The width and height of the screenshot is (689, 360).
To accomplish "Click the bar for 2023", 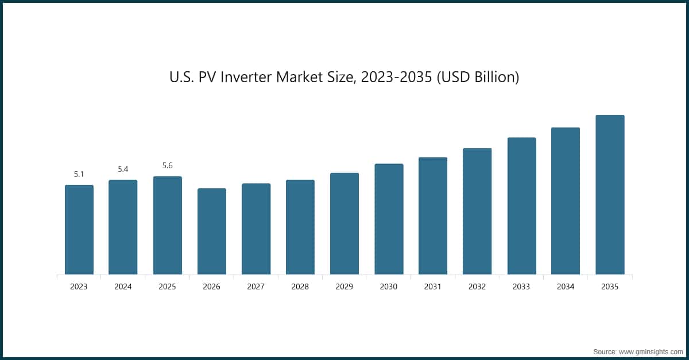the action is coord(79,230).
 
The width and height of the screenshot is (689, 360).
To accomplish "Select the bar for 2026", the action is coord(212,231).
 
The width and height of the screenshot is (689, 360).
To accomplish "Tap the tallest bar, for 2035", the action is coord(610,195).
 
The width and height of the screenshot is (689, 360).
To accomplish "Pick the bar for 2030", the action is coord(389,219).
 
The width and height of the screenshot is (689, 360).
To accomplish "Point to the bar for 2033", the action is coord(522,206).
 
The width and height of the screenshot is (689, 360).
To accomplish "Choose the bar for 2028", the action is coord(300,227).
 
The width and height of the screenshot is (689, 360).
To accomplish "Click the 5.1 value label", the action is coord(79,174).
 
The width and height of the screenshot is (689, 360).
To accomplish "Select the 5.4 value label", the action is coord(123,169).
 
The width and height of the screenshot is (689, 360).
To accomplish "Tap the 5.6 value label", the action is coord(168,165).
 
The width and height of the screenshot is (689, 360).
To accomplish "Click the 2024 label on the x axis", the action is coord(123,287).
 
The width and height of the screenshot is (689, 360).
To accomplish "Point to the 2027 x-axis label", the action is coord(256,287).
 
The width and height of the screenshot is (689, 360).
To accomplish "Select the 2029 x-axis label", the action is coord(344,287).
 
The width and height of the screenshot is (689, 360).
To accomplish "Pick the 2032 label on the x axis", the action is coord(477,287).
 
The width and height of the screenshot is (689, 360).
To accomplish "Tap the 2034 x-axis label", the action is coord(566,287).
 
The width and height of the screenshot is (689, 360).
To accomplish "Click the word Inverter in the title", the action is coord(246,77).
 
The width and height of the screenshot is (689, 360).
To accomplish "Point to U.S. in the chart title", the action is coord(182,77).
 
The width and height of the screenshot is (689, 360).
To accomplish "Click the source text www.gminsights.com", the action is coord(651,352).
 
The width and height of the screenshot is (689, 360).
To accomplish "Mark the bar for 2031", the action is coord(433,216).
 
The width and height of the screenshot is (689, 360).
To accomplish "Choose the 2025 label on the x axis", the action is coord(167,287).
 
